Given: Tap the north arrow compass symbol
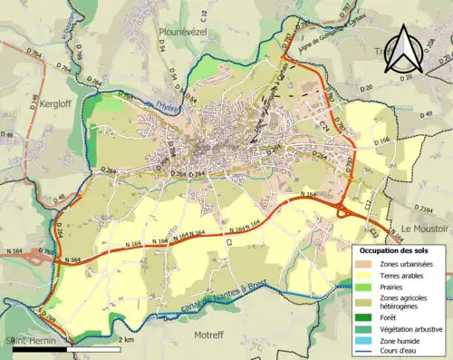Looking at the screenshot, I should point(404,47).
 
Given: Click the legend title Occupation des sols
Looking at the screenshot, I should point(397,249).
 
